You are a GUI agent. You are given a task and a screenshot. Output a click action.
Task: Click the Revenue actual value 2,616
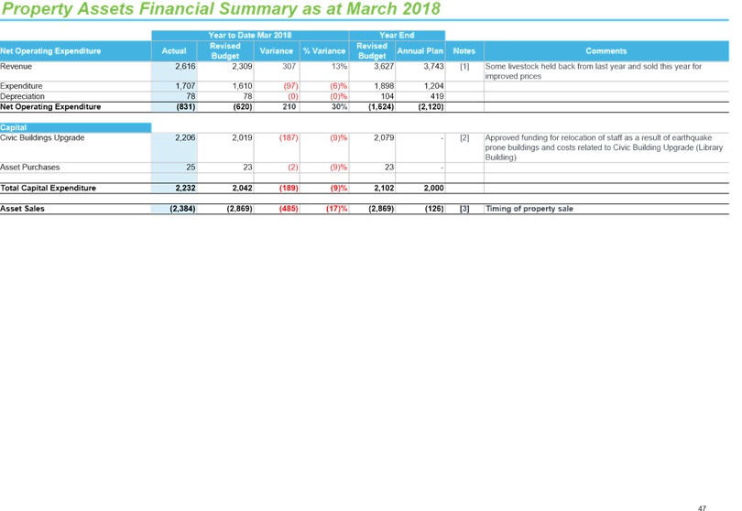coord(185,66)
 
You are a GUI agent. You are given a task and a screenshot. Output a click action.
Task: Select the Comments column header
coord(606,51)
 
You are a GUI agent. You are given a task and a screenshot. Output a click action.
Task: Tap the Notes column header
coord(464,51)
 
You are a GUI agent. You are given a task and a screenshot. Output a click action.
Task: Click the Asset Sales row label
coord(22,209)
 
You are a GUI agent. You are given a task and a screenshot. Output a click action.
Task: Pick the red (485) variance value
coord(289,209)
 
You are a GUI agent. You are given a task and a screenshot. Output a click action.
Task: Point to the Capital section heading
coord(13,128)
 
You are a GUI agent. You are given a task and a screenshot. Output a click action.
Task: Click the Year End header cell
coord(397,35)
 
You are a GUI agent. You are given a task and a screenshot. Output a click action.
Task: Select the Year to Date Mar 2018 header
coord(250,35)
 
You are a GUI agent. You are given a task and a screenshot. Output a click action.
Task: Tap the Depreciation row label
coord(22,96)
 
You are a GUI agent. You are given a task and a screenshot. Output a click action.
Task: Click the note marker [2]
coord(464,137)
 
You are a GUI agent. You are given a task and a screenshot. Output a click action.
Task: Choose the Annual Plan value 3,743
coord(433,66)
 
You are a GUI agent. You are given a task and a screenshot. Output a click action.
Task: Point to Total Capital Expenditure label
coord(48,188)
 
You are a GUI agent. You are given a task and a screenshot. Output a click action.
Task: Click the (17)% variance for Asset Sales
coord(336,209)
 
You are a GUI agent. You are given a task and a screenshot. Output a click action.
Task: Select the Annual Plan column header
coord(420,51)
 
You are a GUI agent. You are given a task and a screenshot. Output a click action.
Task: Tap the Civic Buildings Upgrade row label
coord(42,137)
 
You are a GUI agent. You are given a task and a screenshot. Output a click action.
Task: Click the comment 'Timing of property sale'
coord(529,209)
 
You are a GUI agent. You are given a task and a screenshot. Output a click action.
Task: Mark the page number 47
coord(702,508)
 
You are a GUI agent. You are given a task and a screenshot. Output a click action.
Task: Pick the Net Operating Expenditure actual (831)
coord(185,107)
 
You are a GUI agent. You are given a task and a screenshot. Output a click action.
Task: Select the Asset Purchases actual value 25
coord(191,168)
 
